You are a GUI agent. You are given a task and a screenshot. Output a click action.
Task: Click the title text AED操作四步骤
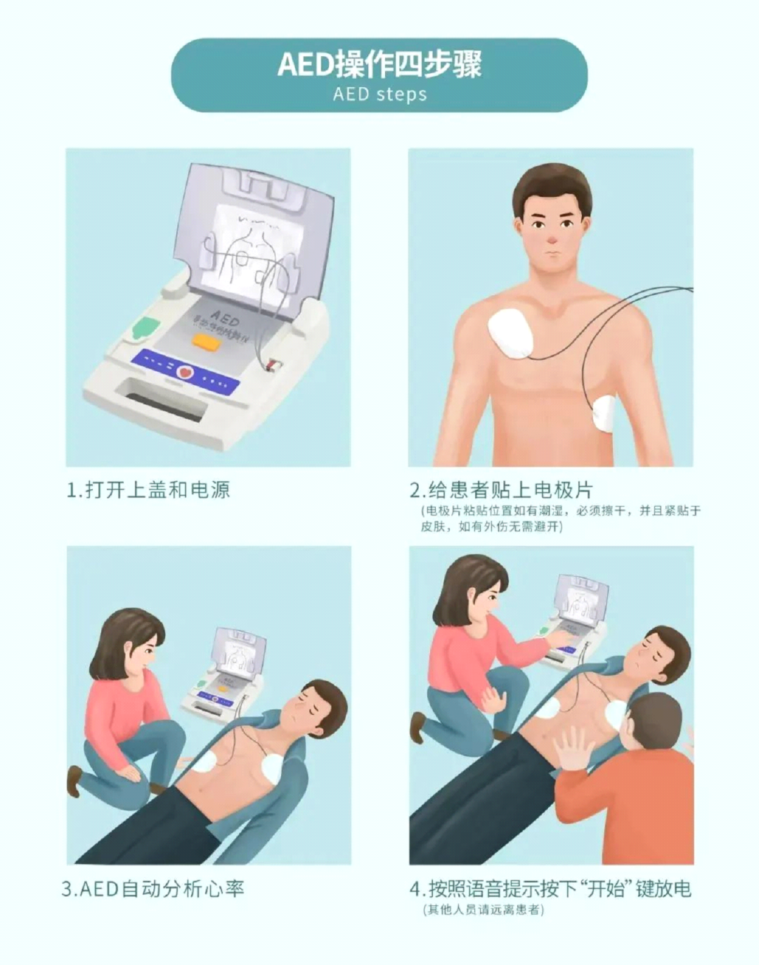click(x=379, y=64)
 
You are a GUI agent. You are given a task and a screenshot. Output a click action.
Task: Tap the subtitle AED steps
click(x=379, y=94)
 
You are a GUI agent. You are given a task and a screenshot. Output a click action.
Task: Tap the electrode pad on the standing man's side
click(x=604, y=414)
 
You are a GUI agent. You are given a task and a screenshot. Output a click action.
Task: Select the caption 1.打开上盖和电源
click(x=148, y=489)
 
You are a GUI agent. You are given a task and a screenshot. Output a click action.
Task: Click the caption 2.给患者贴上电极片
click(x=501, y=489)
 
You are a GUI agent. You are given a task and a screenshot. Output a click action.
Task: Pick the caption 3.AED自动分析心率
click(x=153, y=888)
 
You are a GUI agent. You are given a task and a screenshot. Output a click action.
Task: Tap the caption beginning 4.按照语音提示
click(x=550, y=888)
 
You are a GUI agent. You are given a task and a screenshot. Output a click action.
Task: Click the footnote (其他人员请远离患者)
click(x=484, y=909)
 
